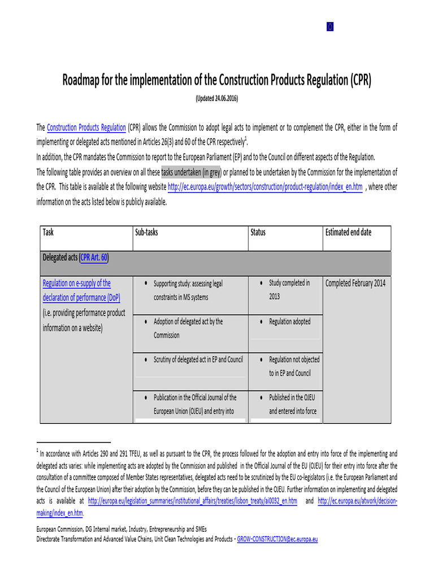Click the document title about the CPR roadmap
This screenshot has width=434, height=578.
pyautogui.click(x=216, y=80)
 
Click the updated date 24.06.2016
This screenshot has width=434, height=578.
pyautogui.click(x=216, y=98)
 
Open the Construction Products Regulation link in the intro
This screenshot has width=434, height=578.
pyautogui.click(x=86, y=128)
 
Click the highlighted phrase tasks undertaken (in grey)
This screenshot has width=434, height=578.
pyautogui.click(x=191, y=172)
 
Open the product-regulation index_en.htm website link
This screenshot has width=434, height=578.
pyautogui.click(x=265, y=187)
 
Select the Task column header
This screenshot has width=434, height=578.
pyautogui.click(x=49, y=232)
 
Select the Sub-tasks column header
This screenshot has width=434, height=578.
pyautogui.click(x=146, y=232)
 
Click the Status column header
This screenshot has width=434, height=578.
pyautogui.click(x=258, y=232)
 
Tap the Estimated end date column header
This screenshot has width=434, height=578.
pyautogui.click(x=349, y=232)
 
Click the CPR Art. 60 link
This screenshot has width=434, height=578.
pyautogui.click(x=94, y=257)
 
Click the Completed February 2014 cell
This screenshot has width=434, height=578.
pyautogui.click(x=355, y=283)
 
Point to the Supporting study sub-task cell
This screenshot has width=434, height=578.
pyautogui.click(x=188, y=290)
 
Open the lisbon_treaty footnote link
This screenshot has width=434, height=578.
pyautogui.click(x=193, y=501)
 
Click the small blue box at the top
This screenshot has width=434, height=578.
pyautogui.click(x=330, y=27)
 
